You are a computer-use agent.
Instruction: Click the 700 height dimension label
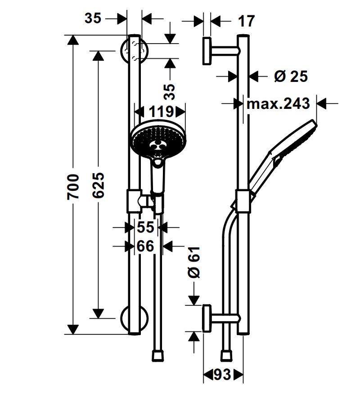click(73, 186)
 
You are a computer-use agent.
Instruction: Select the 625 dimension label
click(98, 185)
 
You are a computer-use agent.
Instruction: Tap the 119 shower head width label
click(161, 112)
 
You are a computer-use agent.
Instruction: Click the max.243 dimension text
click(278, 103)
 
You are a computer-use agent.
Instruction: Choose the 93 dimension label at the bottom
click(222, 374)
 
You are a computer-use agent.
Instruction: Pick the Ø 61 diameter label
click(194, 262)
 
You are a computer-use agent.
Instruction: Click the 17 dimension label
click(247, 21)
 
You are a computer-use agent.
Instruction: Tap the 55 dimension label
click(145, 227)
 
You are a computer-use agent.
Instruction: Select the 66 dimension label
click(145, 246)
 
